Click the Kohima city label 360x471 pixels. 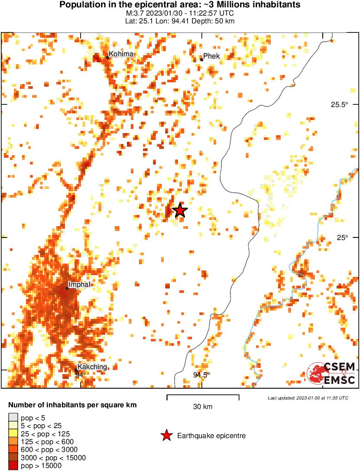point(121,54)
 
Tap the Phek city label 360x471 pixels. point(211,56)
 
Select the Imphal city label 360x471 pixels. point(80,285)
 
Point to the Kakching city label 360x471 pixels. point(92,367)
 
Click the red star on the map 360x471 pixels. point(180,211)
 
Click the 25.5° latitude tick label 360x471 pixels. point(340,104)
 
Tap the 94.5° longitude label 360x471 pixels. point(201,375)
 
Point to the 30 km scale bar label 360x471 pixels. point(203,406)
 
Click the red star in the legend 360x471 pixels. point(166,436)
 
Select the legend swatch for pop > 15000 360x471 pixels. point(13,465)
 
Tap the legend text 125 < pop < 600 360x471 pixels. point(47,442)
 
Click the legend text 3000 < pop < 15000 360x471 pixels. point(53,458)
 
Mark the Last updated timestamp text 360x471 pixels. point(308,398)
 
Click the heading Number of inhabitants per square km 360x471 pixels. point(72,406)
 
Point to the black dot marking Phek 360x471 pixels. point(201,60)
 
